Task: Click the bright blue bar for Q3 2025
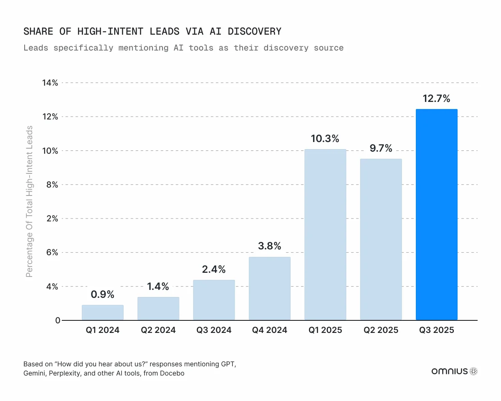[x=436, y=215]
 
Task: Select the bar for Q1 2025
[x=325, y=235]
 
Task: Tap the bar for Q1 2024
[x=103, y=313]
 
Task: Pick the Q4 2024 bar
[x=269, y=289]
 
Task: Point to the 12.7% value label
[x=436, y=99]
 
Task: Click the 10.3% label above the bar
[x=325, y=139]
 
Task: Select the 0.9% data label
[x=103, y=294]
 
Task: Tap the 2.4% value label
[x=214, y=269]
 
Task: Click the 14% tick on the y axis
[x=50, y=83]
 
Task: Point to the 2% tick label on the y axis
[x=52, y=218]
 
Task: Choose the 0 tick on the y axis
[x=58, y=320]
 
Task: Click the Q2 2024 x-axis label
[x=158, y=330]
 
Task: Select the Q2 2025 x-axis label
[x=381, y=330]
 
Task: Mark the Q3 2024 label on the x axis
[x=214, y=330]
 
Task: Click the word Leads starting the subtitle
[x=36, y=48]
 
